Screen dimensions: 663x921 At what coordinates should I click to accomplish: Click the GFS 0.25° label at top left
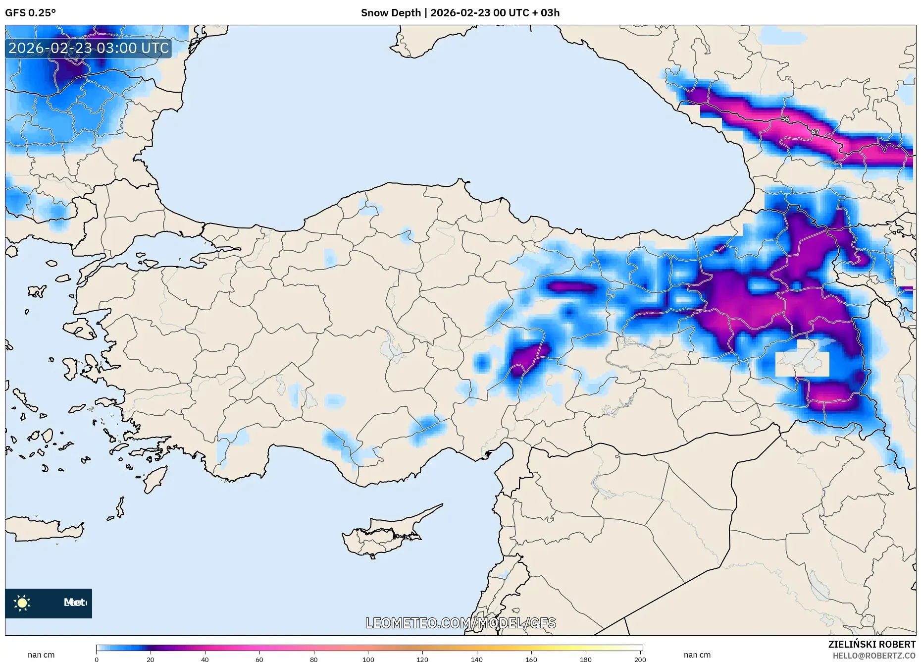(x=30, y=13)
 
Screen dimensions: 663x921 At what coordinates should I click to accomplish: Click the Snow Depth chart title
(x=460, y=13)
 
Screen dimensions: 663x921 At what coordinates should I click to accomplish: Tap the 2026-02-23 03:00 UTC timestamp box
(x=89, y=48)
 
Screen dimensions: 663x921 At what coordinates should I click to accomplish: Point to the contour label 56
(x=785, y=119)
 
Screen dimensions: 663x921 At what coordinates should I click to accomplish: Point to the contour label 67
(x=815, y=132)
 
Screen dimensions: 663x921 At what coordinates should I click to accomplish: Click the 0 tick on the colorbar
(x=97, y=659)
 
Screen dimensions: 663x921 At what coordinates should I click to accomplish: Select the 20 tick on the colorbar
(x=151, y=659)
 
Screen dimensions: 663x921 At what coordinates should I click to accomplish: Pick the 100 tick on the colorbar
(x=368, y=659)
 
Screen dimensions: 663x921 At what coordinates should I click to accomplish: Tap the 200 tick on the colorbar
(x=640, y=659)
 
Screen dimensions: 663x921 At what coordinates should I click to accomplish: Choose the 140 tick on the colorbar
(x=477, y=659)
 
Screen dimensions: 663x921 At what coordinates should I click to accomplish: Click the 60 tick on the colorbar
(x=259, y=659)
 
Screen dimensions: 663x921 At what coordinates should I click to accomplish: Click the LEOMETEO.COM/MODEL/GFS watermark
(x=460, y=623)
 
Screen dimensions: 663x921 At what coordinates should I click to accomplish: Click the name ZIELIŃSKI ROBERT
(x=871, y=644)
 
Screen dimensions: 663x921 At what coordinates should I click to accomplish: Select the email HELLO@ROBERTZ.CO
(x=873, y=656)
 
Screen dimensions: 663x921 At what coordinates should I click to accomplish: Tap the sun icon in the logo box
(x=22, y=603)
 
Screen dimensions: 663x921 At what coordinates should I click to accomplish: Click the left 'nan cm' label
(x=41, y=655)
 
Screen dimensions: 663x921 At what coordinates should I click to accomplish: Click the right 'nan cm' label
(x=697, y=655)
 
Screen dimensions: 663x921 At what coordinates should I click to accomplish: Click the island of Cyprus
(x=381, y=535)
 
